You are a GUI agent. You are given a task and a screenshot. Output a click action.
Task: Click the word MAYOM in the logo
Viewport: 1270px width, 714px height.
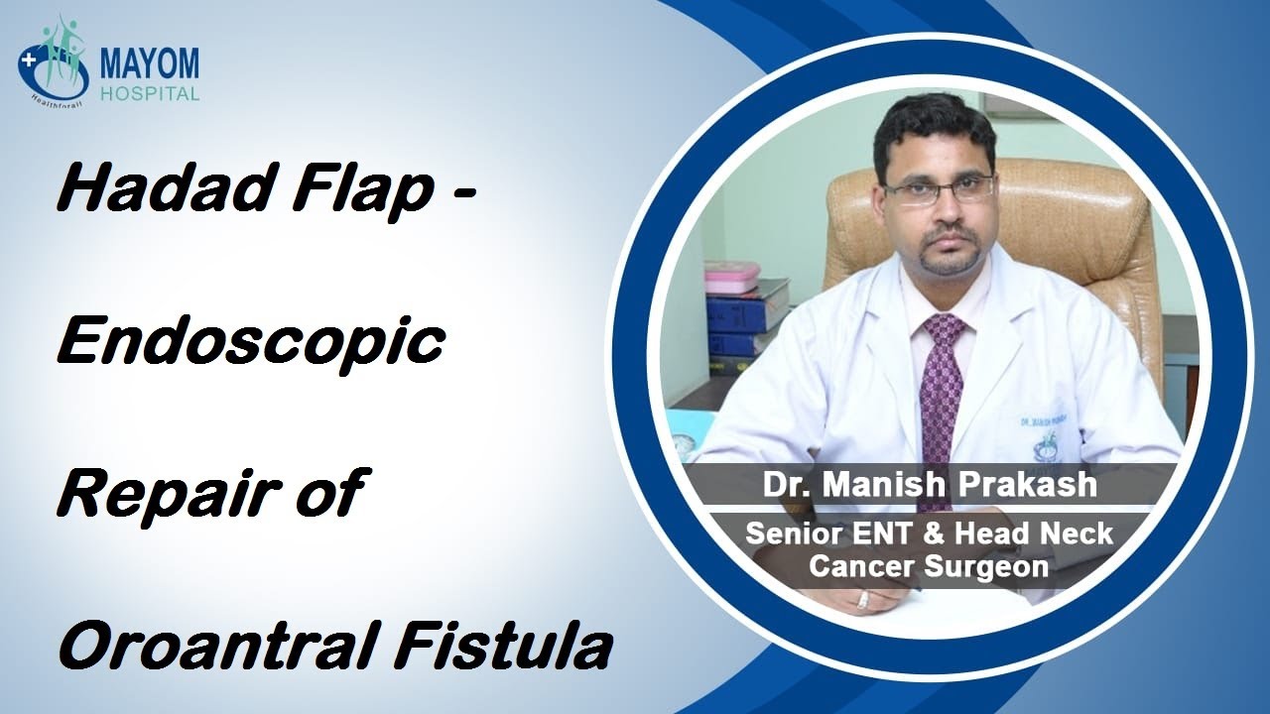coord(149,64)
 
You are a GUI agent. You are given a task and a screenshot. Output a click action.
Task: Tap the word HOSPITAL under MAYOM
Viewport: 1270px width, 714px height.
coord(149,94)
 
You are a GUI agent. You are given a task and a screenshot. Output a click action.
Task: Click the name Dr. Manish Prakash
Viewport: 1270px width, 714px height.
coord(930,485)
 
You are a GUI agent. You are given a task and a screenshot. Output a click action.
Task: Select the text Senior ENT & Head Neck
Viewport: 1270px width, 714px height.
coord(930,534)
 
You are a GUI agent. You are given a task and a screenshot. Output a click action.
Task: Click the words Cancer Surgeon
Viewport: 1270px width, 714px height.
coord(930,566)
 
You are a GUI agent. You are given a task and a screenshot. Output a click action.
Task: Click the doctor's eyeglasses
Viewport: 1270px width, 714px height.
coord(939,188)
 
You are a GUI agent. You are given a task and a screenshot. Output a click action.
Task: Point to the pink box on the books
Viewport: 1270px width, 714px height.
coord(732,277)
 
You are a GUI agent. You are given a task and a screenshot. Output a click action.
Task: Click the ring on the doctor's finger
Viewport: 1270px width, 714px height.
coord(862,599)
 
